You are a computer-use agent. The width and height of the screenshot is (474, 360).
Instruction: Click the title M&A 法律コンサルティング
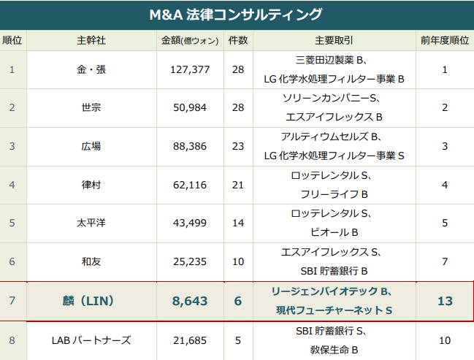coord(236,15)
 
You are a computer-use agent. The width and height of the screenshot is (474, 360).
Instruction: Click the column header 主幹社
coord(91,40)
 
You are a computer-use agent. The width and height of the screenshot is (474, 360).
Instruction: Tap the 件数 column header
coord(238,40)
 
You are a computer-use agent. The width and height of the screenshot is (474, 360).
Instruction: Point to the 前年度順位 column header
coord(445,40)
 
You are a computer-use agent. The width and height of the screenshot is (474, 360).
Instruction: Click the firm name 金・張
coord(91,70)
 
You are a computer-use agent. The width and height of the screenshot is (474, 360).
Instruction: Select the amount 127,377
coord(188,70)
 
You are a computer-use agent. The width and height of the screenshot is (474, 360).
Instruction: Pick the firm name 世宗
coord(91,108)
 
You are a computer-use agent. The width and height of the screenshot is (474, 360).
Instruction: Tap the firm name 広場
coord(91,146)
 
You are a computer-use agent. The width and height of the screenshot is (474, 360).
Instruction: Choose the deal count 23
coord(238,146)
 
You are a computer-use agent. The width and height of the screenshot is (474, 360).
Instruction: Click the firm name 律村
coord(91,185)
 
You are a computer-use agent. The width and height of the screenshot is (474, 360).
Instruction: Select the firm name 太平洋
coord(91,223)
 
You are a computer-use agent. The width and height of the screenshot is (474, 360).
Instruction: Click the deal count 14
coord(238,223)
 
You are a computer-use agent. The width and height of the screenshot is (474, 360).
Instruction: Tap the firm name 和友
coord(91,261)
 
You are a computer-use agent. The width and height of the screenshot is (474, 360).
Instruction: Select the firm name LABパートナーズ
coord(91,340)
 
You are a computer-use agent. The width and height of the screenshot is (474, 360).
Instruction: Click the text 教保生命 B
coord(334,351)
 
